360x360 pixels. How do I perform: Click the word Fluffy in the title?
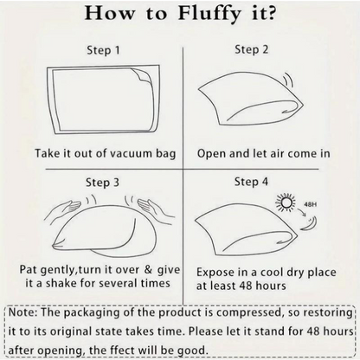(209, 14)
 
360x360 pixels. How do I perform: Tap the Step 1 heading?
(103, 50)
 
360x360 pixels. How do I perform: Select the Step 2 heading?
(251, 49)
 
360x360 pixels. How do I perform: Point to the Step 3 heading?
(102, 183)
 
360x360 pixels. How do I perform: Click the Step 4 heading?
(251, 182)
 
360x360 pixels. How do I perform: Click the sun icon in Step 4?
(286, 202)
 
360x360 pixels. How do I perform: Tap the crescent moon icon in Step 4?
(310, 224)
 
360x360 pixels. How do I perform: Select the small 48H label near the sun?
(310, 204)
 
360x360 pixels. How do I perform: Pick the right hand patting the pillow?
(156, 209)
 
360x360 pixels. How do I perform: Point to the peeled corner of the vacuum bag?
(141, 75)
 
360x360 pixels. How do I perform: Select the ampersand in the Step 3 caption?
(148, 269)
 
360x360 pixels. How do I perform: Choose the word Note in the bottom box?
(22, 312)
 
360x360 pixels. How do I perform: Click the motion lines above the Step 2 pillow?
(288, 80)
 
